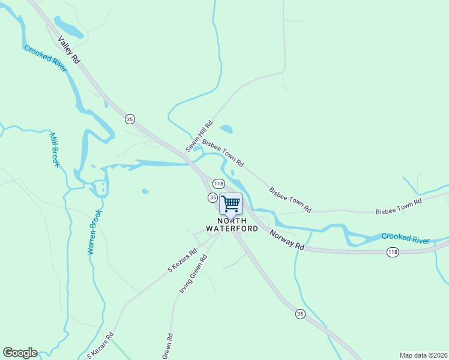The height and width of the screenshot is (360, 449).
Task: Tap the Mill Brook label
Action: [x=55, y=150]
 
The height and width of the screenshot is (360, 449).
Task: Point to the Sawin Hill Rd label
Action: [x=196, y=134]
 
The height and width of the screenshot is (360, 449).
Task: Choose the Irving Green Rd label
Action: [x=192, y=274]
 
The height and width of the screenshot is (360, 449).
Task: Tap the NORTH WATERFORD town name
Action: [x=232, y=224]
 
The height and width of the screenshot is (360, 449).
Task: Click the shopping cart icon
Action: [x=231, y=203]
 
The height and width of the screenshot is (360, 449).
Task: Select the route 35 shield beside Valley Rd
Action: [x=130, y=119]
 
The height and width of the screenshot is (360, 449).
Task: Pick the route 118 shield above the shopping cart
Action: [x=218, y=184]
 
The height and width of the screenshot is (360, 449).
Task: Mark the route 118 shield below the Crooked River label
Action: [x=393, y=251]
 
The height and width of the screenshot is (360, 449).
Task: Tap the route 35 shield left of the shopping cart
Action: [x=212, y=197]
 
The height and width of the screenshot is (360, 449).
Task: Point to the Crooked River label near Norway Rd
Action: [x=406, y=238]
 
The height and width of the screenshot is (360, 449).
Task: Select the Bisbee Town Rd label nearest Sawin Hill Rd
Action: [x=223, y=153]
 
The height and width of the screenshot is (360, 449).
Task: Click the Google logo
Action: [x=20, y=353]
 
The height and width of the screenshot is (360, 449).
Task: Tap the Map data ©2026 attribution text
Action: [x=423, y=355]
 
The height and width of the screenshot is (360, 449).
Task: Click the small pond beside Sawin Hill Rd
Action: [x=226, y=128]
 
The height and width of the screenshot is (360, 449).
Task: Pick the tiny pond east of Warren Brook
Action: [x=145, y=191]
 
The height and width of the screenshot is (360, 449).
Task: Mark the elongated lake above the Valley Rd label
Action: [x=69, y=26]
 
